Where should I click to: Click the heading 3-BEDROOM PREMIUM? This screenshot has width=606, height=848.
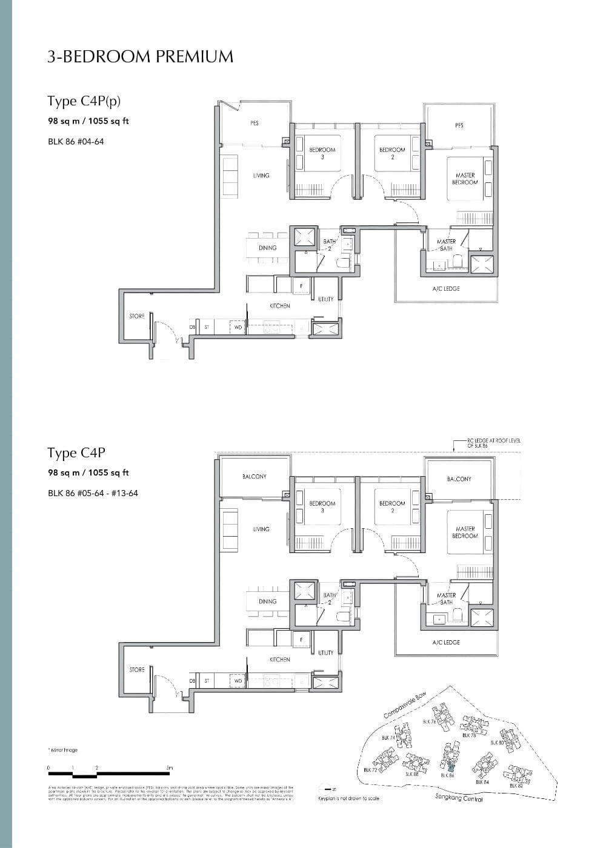point(140,57)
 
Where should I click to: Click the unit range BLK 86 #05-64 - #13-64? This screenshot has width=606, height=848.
point(93,493)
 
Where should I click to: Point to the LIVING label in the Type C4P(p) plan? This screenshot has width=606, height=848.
point(261,176)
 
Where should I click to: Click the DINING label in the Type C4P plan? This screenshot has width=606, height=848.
point(267,601)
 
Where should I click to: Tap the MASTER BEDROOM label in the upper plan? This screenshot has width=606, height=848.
point(465,179)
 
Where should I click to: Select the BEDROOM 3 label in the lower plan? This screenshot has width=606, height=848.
point(322,507)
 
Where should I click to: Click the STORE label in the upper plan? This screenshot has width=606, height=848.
point(137,316)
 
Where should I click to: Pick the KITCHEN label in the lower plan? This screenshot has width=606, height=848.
point(279,660)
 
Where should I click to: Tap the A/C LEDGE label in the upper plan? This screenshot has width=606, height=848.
point(446,289)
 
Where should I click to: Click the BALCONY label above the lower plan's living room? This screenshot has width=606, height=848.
point(254,477)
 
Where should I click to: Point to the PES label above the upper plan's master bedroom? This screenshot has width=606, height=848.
point(459,125)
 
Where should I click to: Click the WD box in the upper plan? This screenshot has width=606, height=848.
point(238,328)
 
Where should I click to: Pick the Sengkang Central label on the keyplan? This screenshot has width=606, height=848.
point(459,799)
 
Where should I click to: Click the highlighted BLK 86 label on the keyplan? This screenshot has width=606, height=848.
point(447,775)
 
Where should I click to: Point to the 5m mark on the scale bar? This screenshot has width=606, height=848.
point(170,768)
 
